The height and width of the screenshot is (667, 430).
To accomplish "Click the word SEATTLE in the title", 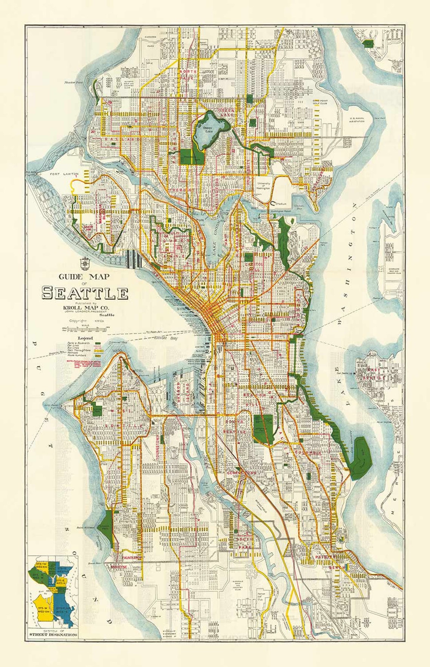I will [85, 293].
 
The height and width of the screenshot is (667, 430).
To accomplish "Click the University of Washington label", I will [263, 185].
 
